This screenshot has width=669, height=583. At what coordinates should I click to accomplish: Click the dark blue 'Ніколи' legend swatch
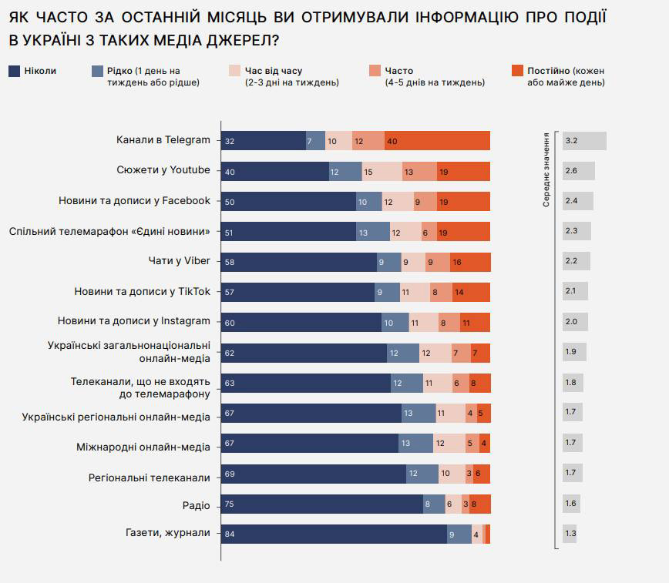(14, 71)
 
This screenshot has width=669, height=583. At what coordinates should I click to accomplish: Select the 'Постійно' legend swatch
(517, 71)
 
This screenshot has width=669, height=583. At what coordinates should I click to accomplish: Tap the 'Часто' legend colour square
(375, 71)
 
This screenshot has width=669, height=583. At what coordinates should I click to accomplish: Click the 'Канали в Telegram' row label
(163, 140)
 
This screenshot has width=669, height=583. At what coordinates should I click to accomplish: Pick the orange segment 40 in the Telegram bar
(437, 141)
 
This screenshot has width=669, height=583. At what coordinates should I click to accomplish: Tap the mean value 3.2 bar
(584, 141)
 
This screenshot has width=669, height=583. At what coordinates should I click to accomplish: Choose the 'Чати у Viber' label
(179, 260)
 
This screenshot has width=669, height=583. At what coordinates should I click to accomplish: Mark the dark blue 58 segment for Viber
(299, 262)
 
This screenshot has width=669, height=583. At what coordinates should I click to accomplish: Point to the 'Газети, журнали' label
(167, 533)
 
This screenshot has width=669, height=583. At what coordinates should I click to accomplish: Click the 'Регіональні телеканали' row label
(150, 477)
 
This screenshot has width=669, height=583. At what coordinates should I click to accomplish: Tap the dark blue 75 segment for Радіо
(321, 504)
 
